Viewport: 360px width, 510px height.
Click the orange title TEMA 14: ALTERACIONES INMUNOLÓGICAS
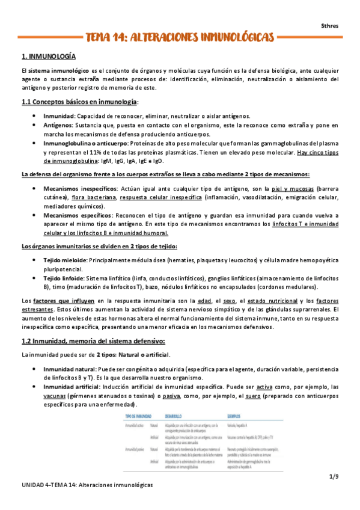click(180, 38)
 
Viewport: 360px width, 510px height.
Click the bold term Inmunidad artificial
click(75, 387)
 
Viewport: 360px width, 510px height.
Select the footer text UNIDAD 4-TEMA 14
click(47, 484)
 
